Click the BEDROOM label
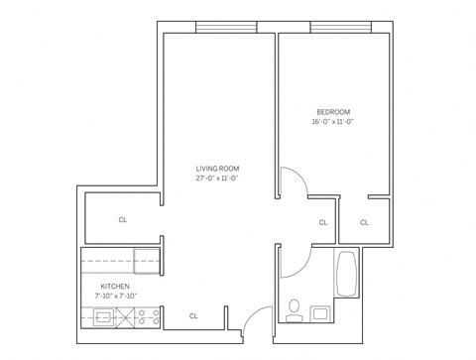point(333,111)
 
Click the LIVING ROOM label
point(217,169)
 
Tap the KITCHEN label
point(115,286)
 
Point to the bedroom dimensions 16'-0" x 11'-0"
point(333,122)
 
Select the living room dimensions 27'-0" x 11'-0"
point(217,180)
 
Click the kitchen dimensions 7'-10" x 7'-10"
point(115,296)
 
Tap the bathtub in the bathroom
point(347,275)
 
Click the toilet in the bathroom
point(295,306)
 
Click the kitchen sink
point(103,317)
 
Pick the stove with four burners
point(149,317)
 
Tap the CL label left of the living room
point(122,220)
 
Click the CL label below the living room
point(193,316)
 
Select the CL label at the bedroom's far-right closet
point(364,222)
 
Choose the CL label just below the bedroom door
point(322,222)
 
